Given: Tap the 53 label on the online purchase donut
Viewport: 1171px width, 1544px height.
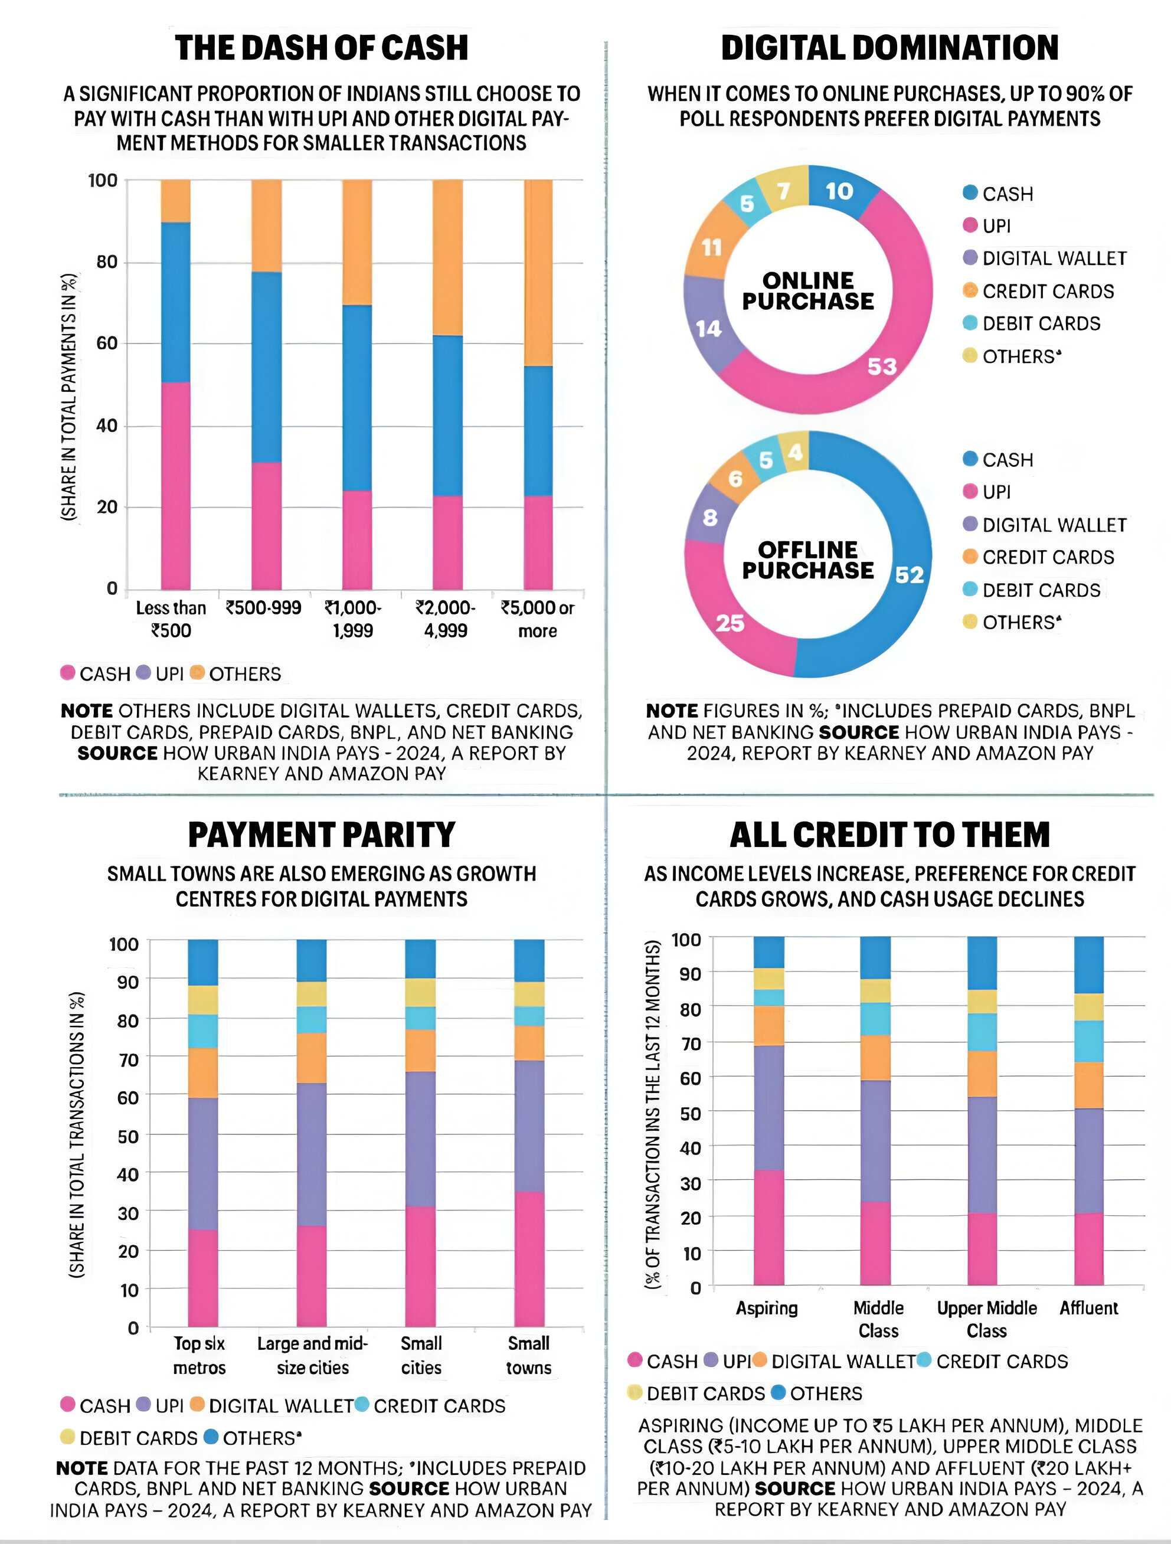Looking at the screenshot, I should [x=881, y=366].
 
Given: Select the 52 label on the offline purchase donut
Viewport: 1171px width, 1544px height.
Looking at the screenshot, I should [x=910, y=574].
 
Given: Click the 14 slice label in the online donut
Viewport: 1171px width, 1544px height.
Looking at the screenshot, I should [x=708, y=328].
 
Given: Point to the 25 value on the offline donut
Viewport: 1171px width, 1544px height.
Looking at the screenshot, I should [x=730, y=623].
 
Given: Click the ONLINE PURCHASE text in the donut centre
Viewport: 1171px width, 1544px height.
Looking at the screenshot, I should [x=808, y=290].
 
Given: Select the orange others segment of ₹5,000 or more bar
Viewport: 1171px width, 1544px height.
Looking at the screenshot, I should [x=538, y=272].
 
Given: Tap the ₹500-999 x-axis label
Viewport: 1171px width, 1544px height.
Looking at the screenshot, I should [x=263, y=607].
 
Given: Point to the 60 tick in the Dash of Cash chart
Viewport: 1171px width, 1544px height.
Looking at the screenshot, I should [x=107, y=344].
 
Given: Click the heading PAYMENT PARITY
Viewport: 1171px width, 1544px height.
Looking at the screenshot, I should [x=322, y=835].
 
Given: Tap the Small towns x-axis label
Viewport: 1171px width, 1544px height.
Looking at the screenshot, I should [x=529, y=1355].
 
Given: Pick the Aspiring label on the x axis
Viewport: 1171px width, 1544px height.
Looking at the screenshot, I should [x=766, y=1307].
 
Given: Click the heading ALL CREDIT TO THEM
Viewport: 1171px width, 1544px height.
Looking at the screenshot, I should [x=890, y=835].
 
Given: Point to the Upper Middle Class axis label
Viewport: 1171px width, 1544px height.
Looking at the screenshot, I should [x=987, y=1319].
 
